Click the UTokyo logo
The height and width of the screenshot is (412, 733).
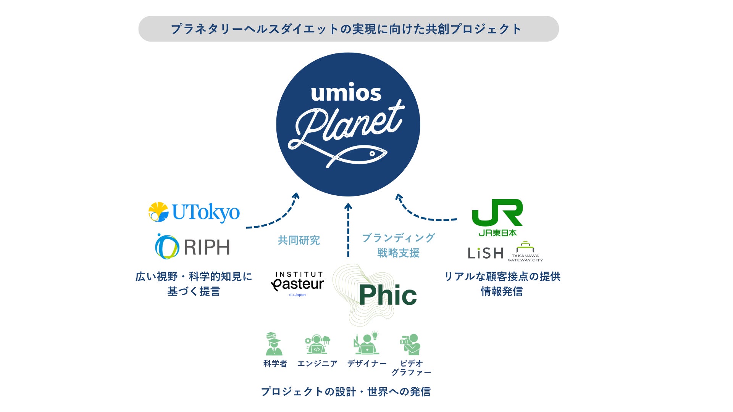click(x=194, y=212)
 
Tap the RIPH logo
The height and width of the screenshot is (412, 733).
click(x=192, y=247)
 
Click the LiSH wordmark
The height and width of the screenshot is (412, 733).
click(x=485, y=253)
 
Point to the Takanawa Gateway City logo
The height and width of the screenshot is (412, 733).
click(x=525, y=252)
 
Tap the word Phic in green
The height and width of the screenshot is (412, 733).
click(x=387, y=295)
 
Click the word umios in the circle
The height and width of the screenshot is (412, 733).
click(x=346, y=93)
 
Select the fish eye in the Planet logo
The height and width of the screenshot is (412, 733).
click(x=372, y=153)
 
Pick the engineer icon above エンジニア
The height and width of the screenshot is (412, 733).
click(x=317, y=344)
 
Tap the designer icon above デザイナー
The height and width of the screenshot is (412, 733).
click(x=366, y=343)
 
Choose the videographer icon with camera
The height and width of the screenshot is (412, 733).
click(x=410, y=344)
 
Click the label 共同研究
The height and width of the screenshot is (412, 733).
click(x=299, y=240)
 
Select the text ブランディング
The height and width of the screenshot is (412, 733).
click(x=398, y=238)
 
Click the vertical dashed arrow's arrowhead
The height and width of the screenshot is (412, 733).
click(x=348, y=207)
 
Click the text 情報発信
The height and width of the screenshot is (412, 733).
click(x=502, y=291)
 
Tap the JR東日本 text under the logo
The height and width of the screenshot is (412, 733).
click(x=497, y=233)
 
